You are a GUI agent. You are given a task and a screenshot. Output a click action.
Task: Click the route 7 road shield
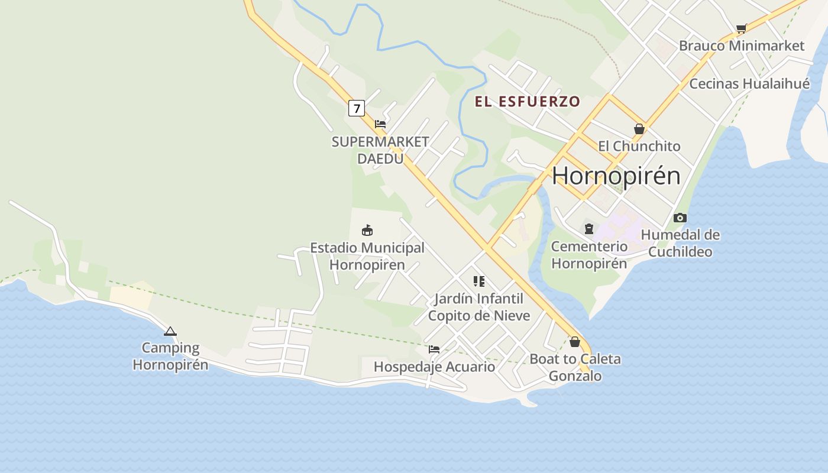coord(356,108)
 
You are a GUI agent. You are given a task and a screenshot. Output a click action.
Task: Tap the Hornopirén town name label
coord(616,176)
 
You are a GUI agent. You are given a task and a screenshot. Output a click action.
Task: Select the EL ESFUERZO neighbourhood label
coord(527,101)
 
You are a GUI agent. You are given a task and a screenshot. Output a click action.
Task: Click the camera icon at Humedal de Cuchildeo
coord(680,218)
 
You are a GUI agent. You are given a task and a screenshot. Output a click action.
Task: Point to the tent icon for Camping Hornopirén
coord(170,332)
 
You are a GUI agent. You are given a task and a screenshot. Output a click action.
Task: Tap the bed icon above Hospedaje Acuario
coord(434,349)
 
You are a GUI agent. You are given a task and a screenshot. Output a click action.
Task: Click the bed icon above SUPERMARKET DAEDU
coord(380,124)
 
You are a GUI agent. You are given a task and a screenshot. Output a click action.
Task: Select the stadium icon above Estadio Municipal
coord(367,230)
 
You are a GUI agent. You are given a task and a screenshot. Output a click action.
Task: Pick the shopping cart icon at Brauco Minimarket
coord(742,28)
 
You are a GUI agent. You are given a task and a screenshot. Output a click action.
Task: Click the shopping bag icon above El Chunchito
coord(639,128)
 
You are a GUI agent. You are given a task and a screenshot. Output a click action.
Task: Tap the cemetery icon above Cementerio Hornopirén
coord(588,228)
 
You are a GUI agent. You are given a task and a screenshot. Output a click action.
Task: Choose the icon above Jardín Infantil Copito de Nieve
coord(479,281)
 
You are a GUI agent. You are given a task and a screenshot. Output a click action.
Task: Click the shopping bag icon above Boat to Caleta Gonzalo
coord(574,341)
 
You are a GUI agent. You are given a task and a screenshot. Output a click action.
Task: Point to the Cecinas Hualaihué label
coord(749,83)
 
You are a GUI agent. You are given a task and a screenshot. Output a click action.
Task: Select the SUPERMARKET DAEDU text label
coord(380,150)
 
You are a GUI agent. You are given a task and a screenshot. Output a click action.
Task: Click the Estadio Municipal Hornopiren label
coord(367,256)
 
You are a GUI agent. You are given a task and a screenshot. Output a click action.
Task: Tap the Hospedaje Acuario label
coord(434,367)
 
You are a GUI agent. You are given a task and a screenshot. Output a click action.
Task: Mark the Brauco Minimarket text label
coord(742,46)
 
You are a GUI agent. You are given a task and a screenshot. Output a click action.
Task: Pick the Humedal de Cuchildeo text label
coord(680,243)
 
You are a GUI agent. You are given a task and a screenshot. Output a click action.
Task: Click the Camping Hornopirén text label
coord(170,356)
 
